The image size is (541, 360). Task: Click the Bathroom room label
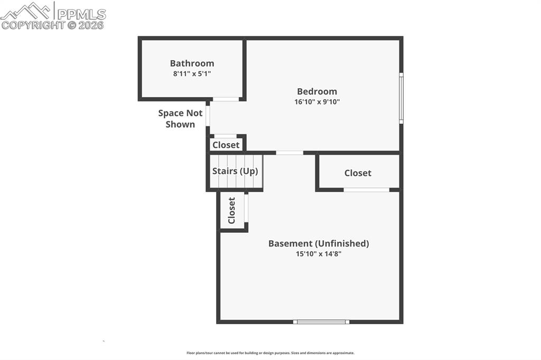click(x=192, y=63)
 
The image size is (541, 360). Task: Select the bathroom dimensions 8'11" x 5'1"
click(x=192, y=74)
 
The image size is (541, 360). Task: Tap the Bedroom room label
click(x=316, y=91)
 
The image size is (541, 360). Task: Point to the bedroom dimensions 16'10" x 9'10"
click(x=316, y=102)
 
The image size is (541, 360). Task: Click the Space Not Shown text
click(x=180, y=119)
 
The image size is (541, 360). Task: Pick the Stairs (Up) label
click(x=235, y=171)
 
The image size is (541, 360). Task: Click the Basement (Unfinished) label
click(x=318, y=243)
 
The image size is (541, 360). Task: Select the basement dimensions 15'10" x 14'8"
click(x=318, y=254)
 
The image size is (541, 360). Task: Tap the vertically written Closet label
click(x=231, y=211)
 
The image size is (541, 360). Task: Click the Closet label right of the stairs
click(x=358, y=173)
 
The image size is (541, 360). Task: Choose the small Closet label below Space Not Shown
click(x=226, y=145)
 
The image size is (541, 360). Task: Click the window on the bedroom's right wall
click(x=401, y=98)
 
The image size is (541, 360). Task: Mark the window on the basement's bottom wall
click(x=321, y=321)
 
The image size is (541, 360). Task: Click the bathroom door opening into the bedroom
click(x=226, y=99)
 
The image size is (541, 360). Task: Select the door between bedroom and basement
click(x=290, y=153)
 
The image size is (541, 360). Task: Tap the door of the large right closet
click(x=366, y=190)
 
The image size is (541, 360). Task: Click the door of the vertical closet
click(x=246, y=207)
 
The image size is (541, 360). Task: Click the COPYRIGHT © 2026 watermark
click(x=53, y=25)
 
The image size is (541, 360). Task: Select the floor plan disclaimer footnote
click(x=270, y=353)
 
